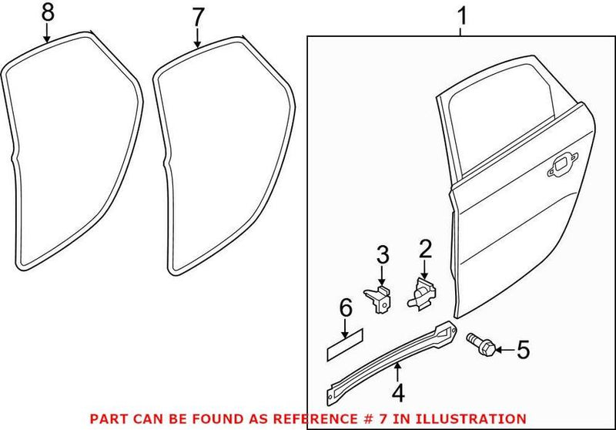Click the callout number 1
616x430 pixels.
[x=461, y=14]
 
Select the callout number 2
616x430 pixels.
[x=424, y=248]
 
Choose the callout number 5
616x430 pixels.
[x=523, y=351]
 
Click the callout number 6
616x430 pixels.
[x=345, y=310]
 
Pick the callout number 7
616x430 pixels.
[x=197, y=15]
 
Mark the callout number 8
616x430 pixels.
[x=48, y=12]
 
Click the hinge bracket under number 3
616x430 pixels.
[x=378, y=299]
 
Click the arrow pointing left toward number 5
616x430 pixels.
[x=500, y=351]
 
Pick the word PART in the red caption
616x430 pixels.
[x=107, y=418]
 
